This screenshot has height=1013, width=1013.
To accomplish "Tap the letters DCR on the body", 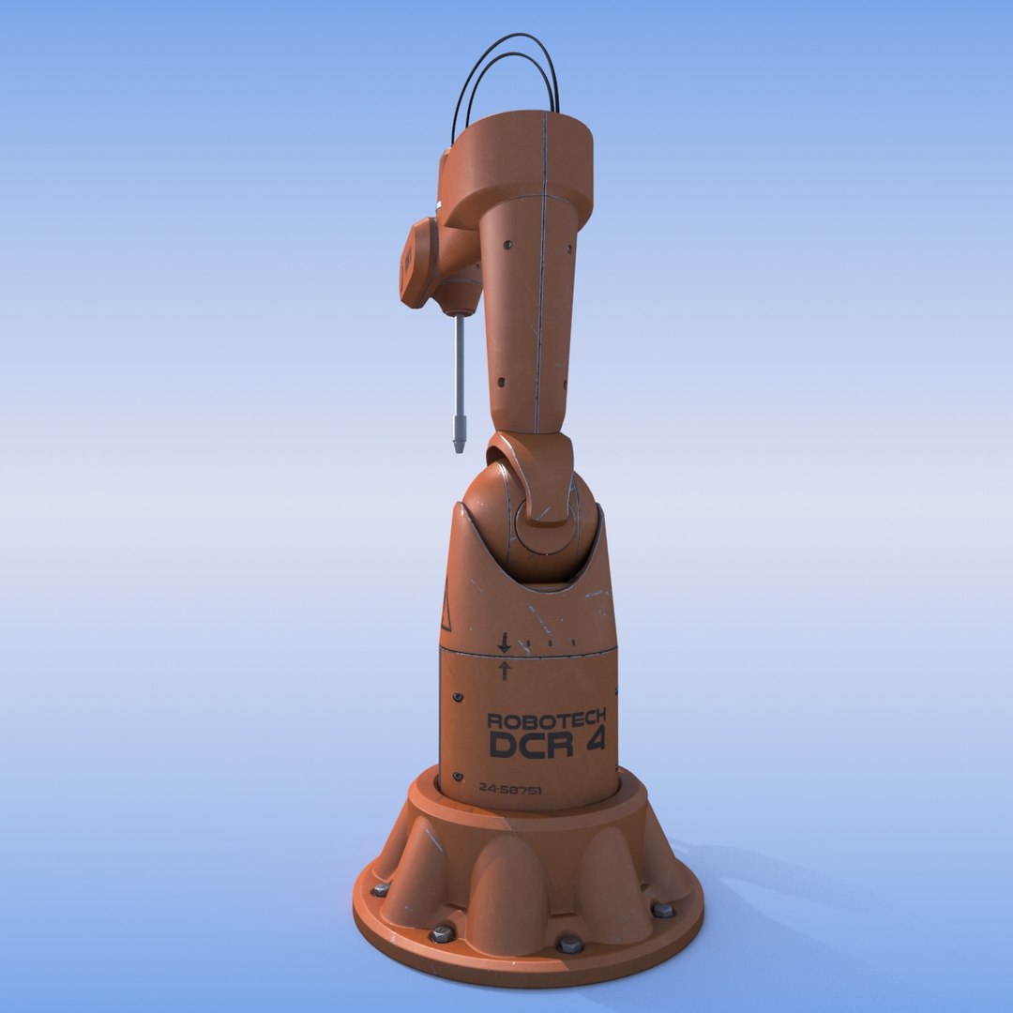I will (528, 744).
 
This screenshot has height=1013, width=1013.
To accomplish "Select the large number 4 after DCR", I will (593, 742).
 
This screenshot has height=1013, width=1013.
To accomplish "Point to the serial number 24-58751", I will (509, 790).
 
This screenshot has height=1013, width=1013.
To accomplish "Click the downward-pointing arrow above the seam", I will (504, 643).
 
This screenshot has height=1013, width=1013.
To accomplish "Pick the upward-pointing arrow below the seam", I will (504, 670).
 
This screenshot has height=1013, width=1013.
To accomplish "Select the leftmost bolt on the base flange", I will (380, 889).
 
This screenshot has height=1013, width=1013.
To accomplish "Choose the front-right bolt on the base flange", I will (568, 944).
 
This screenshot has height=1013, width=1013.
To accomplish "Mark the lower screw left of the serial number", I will (458, 777).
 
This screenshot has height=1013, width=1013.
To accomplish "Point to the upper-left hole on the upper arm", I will (507, 245).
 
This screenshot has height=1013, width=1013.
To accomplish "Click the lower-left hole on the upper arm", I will (501, 383).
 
